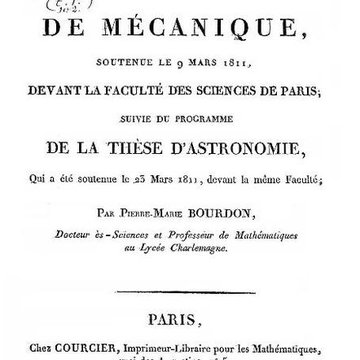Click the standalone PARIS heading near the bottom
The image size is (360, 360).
pos(180,325)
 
